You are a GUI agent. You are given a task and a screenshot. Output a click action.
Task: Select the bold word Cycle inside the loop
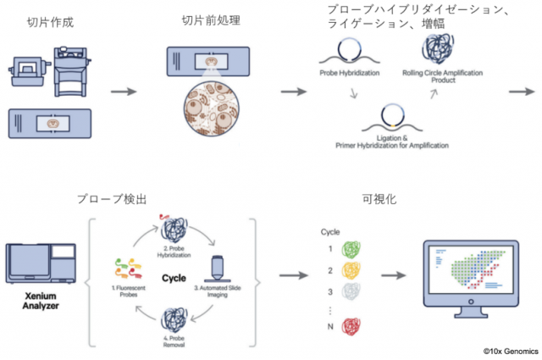coord(174,277)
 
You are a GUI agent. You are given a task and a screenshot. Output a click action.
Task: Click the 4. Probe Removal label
coord(174,344)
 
